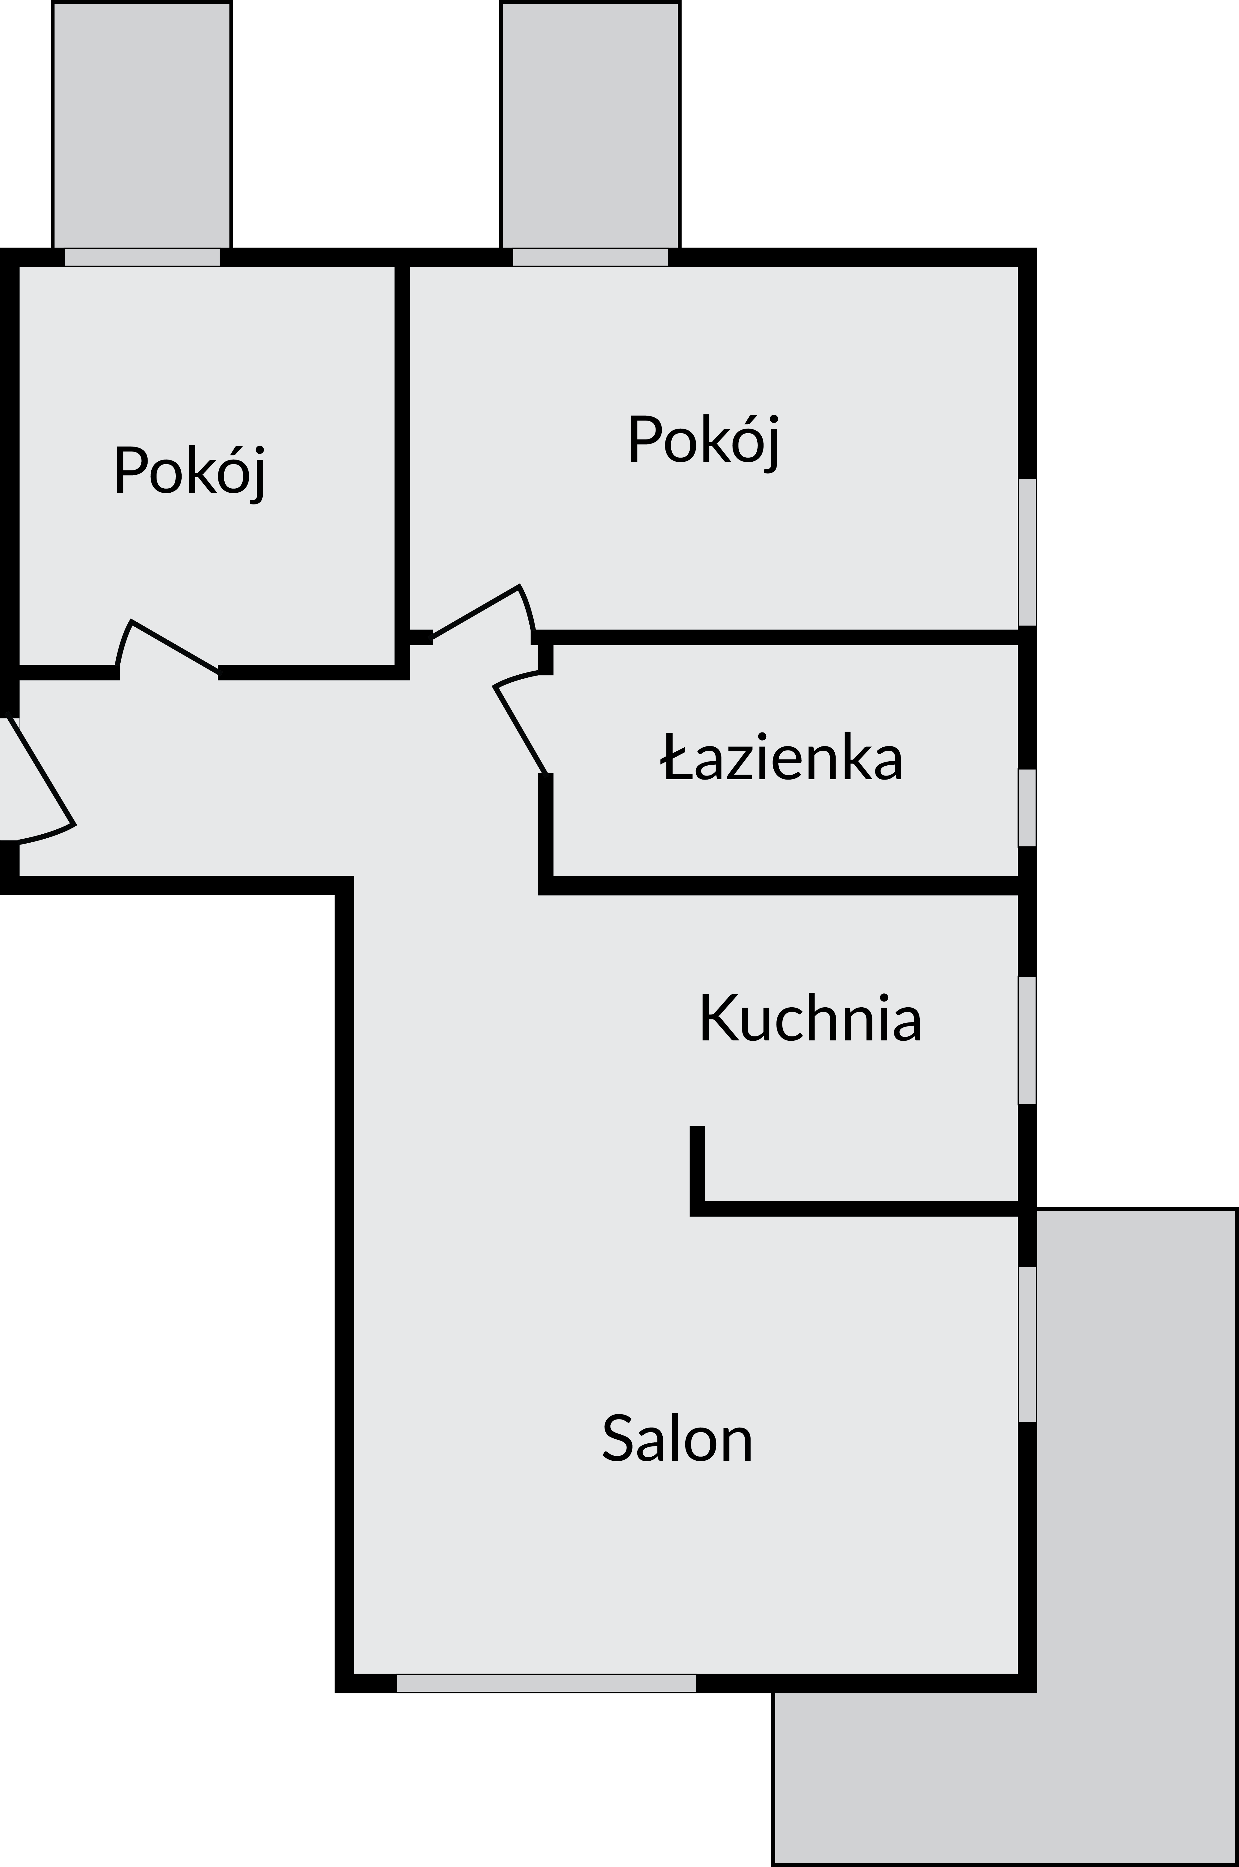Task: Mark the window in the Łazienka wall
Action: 1026,807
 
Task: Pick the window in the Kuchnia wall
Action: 1026,1040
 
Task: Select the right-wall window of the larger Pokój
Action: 1026,552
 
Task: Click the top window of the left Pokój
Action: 142,257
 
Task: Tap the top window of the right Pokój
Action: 590,257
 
